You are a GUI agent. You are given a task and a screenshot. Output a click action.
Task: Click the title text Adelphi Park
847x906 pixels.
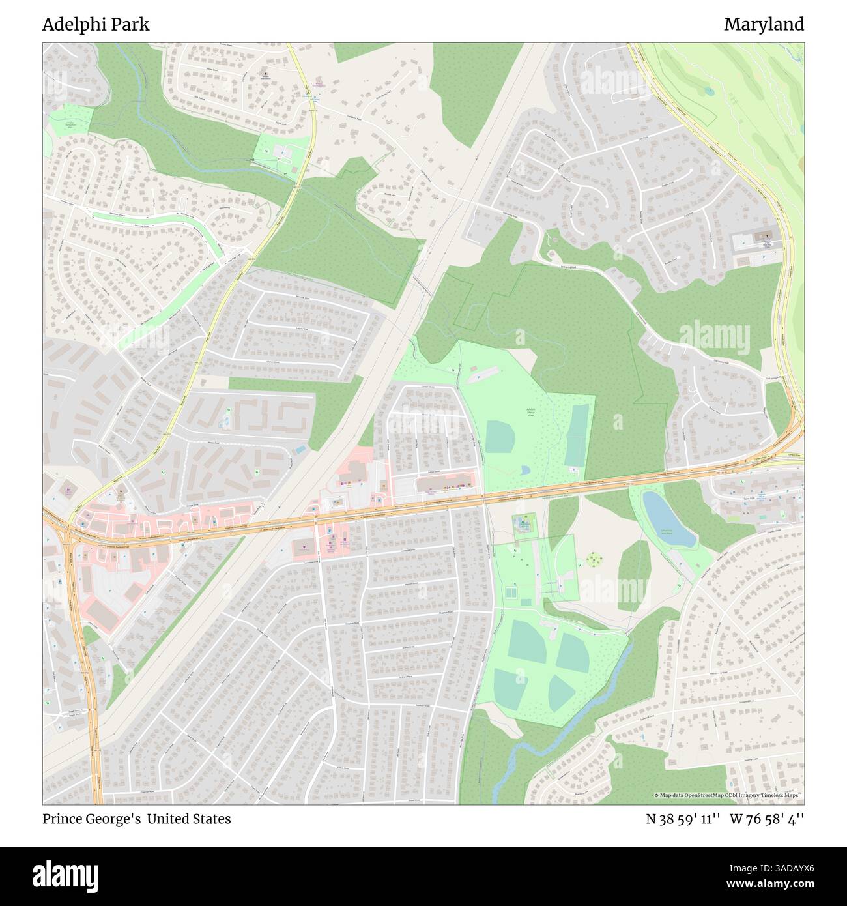click(x=96, y=25)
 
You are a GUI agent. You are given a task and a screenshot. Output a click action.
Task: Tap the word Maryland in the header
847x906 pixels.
click(x=764, y=25)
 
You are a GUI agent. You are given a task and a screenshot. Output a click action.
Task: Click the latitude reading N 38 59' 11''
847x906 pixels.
click(x=683, y=819)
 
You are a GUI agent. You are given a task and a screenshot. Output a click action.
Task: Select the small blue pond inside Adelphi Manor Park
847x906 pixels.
click(x=526, y=469)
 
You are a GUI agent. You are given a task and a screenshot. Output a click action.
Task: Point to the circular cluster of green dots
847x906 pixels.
click(x=593, y=559)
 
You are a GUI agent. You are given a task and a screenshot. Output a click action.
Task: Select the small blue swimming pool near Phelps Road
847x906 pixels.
click(x=299, y=450)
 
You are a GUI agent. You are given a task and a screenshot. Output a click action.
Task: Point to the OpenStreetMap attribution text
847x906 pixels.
click(x=728, y=795)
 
